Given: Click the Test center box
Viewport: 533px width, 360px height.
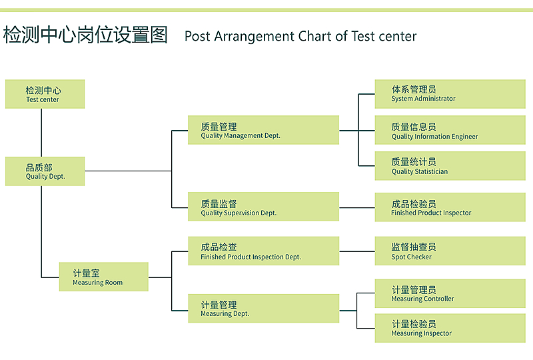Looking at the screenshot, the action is coord(45,94).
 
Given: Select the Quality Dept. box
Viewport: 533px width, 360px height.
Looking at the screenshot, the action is coord(45,171).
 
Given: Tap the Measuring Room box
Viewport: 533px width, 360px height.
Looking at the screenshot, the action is coord(104,277).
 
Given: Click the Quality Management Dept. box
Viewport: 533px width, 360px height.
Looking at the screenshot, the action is coord(263,130).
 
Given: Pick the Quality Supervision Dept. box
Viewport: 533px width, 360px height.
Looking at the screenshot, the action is coord(263,207).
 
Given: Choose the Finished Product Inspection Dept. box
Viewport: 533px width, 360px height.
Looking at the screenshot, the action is coord(263,251).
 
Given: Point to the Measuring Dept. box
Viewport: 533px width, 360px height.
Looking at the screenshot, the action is coord(263,308).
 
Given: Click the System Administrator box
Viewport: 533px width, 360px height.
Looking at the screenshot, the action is coord(450,94).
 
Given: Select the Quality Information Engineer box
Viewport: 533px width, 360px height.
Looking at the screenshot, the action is coord(450,130).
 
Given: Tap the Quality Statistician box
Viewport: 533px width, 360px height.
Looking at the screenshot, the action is coord(450,166).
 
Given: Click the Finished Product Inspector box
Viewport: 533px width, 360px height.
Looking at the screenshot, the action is coord(450,207).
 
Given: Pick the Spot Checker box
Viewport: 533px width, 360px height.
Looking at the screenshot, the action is coord(450,251).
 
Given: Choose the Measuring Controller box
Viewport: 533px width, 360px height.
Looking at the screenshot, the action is coord(450,293).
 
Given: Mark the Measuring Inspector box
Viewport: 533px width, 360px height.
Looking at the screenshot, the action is coord(450,328).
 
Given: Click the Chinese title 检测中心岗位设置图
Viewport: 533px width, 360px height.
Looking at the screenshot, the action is coord(85,35).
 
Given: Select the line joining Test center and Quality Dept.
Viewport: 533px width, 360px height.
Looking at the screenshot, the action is coord(41,133).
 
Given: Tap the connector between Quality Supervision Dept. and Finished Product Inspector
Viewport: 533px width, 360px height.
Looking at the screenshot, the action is coord(357,207).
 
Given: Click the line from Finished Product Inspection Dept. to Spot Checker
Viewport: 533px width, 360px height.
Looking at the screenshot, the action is coord(357,251).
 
